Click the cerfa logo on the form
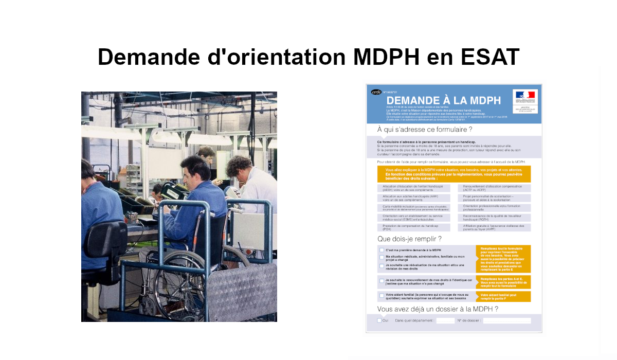coord(376,92)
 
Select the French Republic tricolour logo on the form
coord(525,95)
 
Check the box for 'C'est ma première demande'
coord(382,250)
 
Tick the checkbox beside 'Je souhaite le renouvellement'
coord(382,281)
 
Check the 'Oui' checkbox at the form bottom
coord(379,320)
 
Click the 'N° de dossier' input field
coord(506,320)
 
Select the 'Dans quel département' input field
coord(445,320)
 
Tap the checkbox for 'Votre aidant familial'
coord(382,296)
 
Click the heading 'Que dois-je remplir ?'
coord(409,239)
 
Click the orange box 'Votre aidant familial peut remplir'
coord(503,297)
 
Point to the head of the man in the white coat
coord(239,167)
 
